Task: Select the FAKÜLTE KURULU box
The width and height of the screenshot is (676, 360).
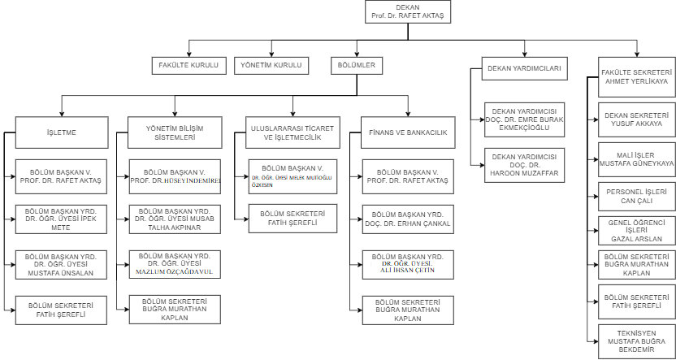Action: (x=188, y=65)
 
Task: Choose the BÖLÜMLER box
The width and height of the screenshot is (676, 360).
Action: (x=357, y=65)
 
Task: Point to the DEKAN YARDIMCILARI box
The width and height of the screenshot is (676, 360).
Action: (x=524, y=68)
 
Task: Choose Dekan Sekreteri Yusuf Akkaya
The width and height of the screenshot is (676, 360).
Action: (x=635, y=119)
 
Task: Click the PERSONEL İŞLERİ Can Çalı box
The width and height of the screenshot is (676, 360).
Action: (x=635, y=196)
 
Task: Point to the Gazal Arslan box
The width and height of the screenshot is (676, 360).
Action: (x=635, y=230)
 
